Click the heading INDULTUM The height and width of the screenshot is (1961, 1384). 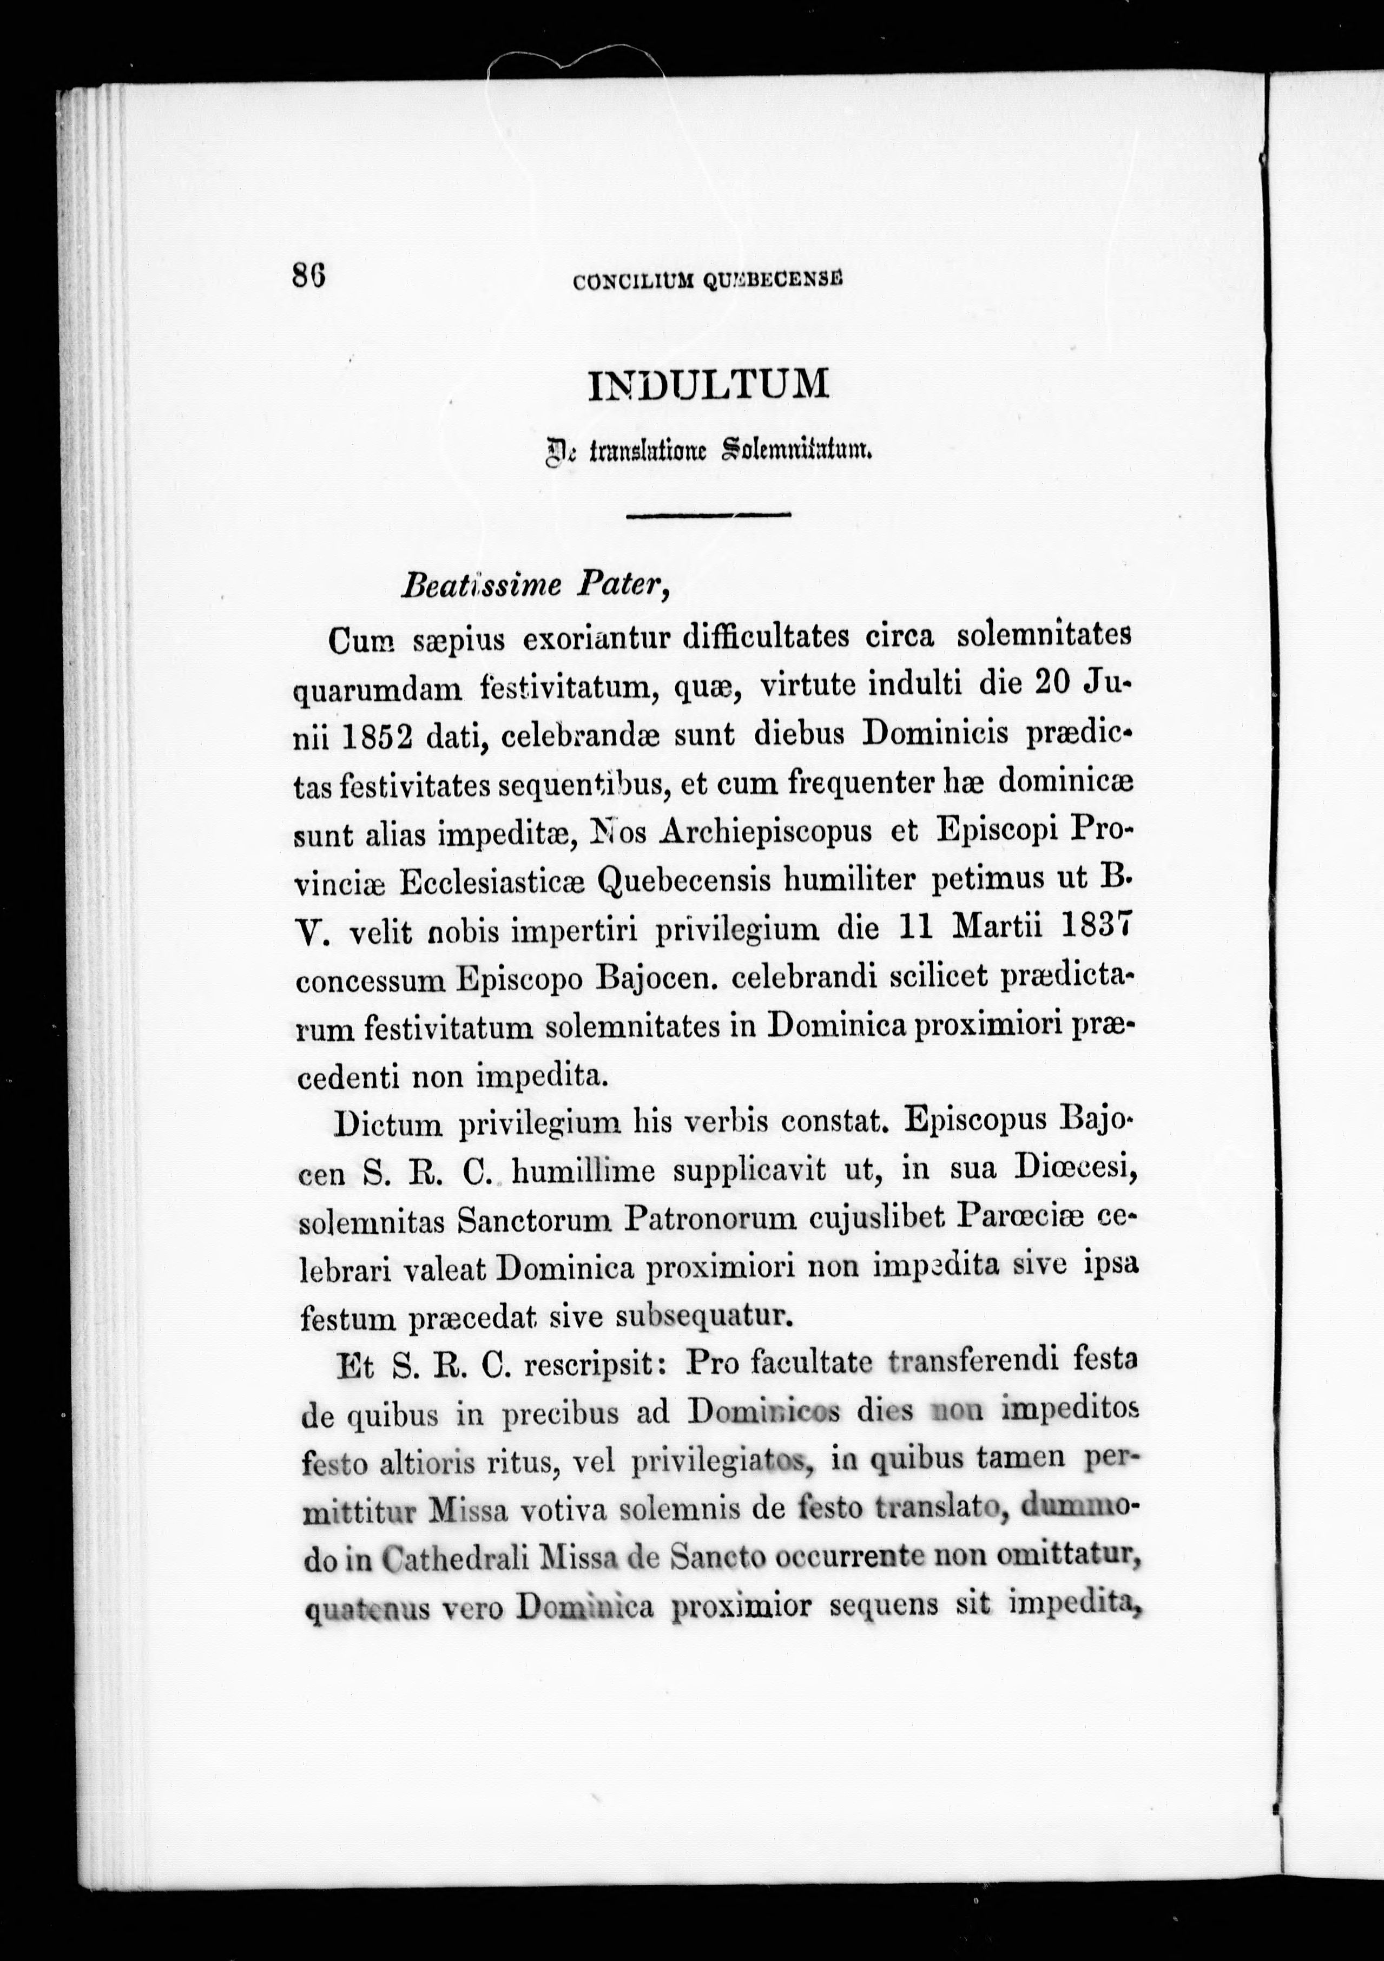pyautogui.click(x=709, y=385)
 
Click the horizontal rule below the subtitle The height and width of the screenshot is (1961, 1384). pyautogui.click(x=709, y=514)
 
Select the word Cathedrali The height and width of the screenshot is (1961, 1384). pyautogui.click(x=455, y=1561)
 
